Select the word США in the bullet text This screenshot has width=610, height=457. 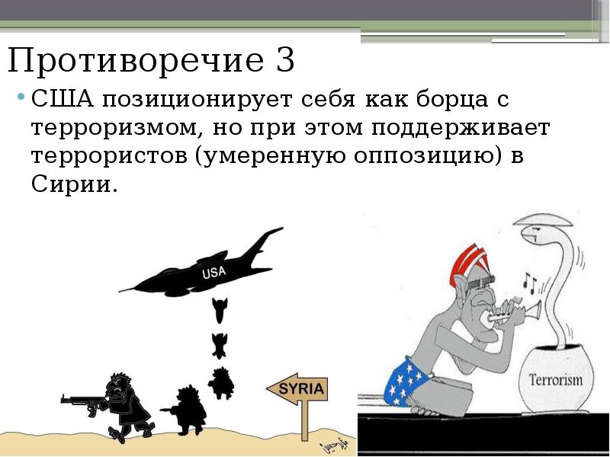point(59,101)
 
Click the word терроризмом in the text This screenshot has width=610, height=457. point(108,128)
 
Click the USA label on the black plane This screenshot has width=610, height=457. point(214,272)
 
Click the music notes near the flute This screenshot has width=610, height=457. point(529,284)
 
